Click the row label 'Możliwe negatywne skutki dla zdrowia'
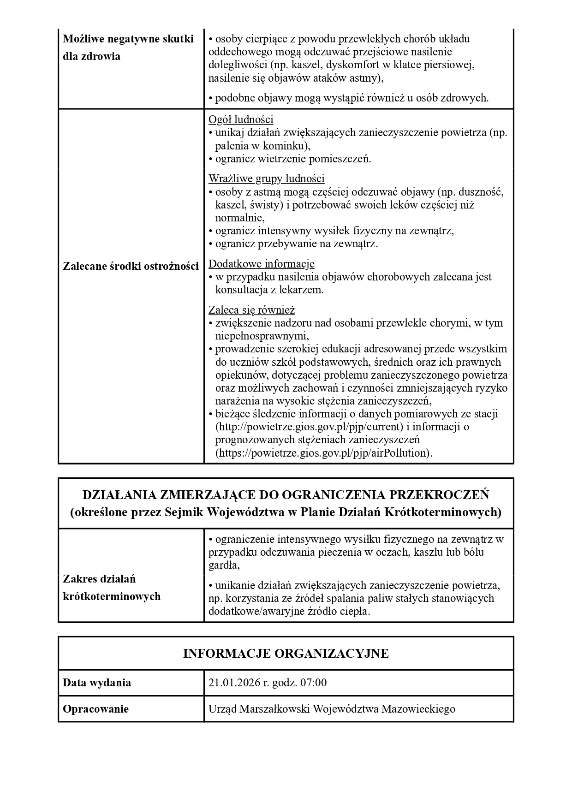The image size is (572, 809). click(x=128, y=48)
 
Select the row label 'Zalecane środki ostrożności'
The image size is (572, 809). click(x=131, y=266)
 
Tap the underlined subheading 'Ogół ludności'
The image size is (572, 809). click(x=241, y=119)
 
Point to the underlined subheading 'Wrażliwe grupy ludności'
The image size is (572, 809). click(x=266, y=178)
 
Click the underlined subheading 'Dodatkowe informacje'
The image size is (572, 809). click(x=262, y=264)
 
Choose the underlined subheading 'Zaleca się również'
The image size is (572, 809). click(x=251, y=309)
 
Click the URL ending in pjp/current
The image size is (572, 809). click(x=310, y=427)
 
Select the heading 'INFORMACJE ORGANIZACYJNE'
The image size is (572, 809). click(x=286, y=653)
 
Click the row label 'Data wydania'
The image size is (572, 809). click(x=97, y=683)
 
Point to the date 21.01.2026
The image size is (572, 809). click(x=234, y=683)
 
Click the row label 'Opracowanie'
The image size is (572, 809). click(x=95, y=709)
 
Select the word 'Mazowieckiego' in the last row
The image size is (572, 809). click(x=418, y=709)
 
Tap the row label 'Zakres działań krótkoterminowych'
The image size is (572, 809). click(x=112, y=588)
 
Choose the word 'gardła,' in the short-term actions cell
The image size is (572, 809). click(x=224, y=565)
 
